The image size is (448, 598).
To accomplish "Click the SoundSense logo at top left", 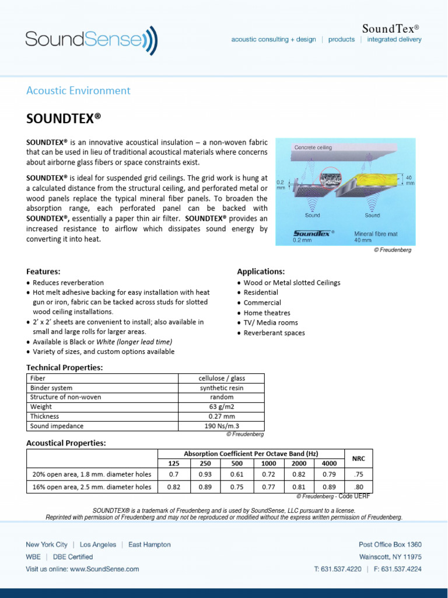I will coord(91,40).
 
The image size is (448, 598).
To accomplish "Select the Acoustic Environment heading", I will coord(79,91).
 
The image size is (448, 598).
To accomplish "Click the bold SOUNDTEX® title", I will coord(64,119).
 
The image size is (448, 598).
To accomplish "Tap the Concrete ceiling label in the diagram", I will coord(313,148).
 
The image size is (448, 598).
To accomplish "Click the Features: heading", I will coord(44,272).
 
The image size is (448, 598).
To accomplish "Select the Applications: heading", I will coord(261,272).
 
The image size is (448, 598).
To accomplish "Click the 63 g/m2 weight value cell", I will coord(222,406).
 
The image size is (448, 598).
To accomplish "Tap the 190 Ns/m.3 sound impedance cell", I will coord(222,426).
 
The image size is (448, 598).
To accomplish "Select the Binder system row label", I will coord(51,388).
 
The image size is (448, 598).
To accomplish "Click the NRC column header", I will coord(359,458).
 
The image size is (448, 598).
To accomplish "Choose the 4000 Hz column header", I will coord(328,463).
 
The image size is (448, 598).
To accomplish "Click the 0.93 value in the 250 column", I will coord(205,475).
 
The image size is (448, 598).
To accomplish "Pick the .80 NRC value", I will coord(359,486).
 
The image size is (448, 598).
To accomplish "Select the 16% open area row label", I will coord(92,486).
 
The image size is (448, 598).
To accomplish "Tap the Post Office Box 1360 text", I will coord(390,544).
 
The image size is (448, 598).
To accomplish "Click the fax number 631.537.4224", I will coord(399,568).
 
